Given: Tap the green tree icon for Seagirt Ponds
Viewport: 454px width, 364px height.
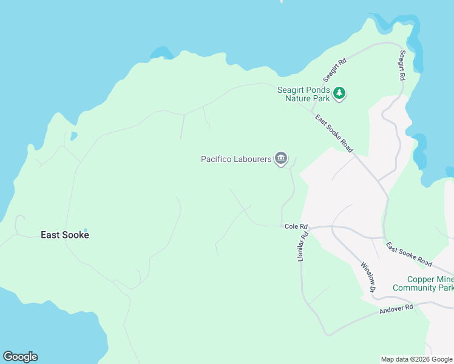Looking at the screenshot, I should coord(340,93).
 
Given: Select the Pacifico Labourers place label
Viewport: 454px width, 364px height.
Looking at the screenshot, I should coord(236,160).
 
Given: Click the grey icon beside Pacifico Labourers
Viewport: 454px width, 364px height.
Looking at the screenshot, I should coord(280,159).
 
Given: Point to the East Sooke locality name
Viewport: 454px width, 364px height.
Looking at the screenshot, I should coord(65,235).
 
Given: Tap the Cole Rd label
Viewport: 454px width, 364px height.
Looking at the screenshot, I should coord(296,227).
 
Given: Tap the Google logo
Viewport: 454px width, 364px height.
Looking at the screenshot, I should coord(20,357).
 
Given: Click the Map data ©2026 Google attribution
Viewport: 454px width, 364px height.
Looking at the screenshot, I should coord(416,359).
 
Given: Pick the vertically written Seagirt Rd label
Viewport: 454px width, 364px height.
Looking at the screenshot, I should coord(402,66).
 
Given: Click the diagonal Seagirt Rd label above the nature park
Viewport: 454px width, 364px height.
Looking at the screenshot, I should coord(334,70).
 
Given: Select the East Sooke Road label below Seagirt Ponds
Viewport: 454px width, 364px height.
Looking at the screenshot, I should coord(334,133).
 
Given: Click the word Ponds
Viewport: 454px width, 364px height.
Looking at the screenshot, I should coord(318,90).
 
